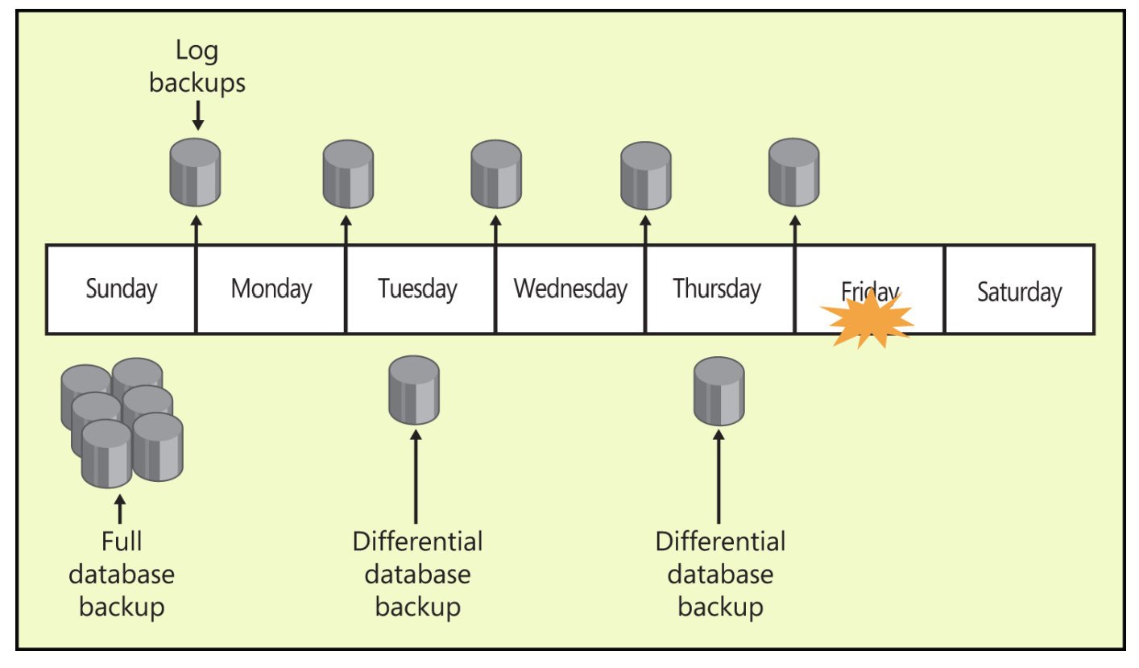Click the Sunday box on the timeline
tap(121, 289)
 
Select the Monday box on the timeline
tap(271, 289)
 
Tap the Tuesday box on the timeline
tap(418, 289)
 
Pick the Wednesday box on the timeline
tap(570, 289)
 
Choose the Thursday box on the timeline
tap(717, 289)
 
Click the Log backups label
tap(197, 67)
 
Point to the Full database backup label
tap(122, 573)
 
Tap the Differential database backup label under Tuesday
tap(417, 573)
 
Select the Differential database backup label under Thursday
tap(720, 573)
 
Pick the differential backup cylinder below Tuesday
tap(414, 391)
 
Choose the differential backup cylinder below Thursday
tap(719, 391)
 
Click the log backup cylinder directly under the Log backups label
tap(195, 172)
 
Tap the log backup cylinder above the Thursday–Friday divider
tap(794, 172)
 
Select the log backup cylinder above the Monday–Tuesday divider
tap(347, 173)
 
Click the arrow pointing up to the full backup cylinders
tap(121, 509)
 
